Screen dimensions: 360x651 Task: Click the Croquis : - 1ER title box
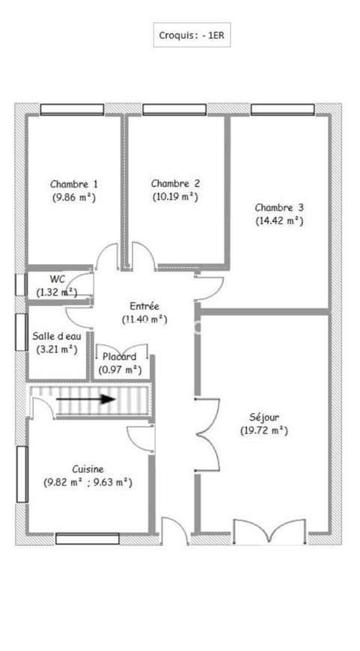tap(192, 35)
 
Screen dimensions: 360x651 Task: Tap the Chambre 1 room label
tap(74, 184)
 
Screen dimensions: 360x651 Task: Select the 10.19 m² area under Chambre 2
tap(175, 196)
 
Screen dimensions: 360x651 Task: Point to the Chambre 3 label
tap(279, 207)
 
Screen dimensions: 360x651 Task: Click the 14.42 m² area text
tap(279, 221)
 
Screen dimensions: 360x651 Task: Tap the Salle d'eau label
tap(57, 336)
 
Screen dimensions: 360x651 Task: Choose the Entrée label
tap(144, 306)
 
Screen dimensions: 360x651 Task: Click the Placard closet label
tap(120, 357)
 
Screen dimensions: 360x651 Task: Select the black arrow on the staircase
tap(85, 399)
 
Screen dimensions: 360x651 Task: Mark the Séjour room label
tap(264, 418)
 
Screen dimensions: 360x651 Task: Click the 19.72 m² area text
tap(264, 430)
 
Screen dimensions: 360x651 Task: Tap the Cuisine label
tap(88, 469)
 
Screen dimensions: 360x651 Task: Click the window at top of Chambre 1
tap(72, 109)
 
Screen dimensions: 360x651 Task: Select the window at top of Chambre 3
tap(282, 109)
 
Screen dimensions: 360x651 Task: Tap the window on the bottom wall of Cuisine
tap(88, 539)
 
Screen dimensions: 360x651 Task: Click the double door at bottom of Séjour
tap(269, 531)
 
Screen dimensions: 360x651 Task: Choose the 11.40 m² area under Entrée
tap(144, 320)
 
